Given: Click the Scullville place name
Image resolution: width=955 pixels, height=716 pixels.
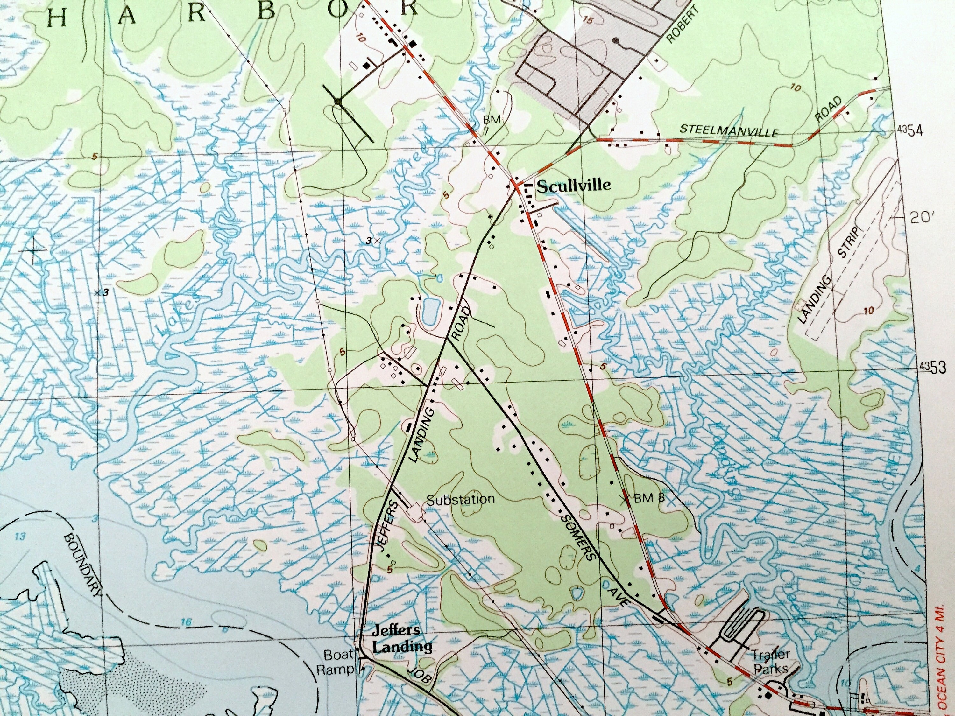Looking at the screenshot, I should click(573, 186).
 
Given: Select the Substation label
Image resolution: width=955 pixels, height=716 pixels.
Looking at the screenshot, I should click(460, 499).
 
